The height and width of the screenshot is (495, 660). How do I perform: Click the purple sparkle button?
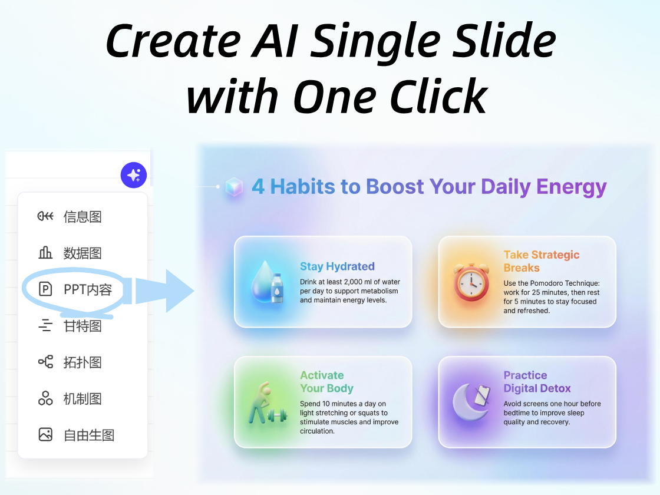[x=134, y=176]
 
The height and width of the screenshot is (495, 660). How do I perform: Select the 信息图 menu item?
[x=82, y=216]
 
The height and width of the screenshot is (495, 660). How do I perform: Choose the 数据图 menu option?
[x=82, y=253]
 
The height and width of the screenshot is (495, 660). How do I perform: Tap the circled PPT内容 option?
[x=87, y=289]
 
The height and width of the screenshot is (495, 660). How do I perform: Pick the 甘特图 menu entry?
[x=82, y=326]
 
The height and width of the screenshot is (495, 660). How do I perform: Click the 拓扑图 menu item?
[x=82, y=362]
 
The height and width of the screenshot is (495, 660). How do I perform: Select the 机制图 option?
[x=82, y=398]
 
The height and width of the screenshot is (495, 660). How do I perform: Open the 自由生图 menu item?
[x=88, y=435]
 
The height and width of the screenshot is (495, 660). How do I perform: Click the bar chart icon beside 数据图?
[x=45, y=253]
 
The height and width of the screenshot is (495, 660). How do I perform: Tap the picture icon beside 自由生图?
[x=45, y=435]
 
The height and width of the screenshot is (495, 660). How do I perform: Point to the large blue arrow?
[x=171, y=291]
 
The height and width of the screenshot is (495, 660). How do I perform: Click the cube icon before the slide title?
[x=235, y=187]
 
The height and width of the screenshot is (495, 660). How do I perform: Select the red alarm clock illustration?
[x=471, y=282]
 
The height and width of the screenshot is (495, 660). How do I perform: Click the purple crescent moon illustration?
[x=470, y=402]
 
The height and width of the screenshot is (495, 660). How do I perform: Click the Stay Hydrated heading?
[x=337, y=266]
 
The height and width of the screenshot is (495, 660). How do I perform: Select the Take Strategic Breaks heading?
[x=541, y=261]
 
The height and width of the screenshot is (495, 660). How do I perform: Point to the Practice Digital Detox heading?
[x=537, y=382]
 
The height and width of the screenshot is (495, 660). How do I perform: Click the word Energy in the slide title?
[x=571, y=187]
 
